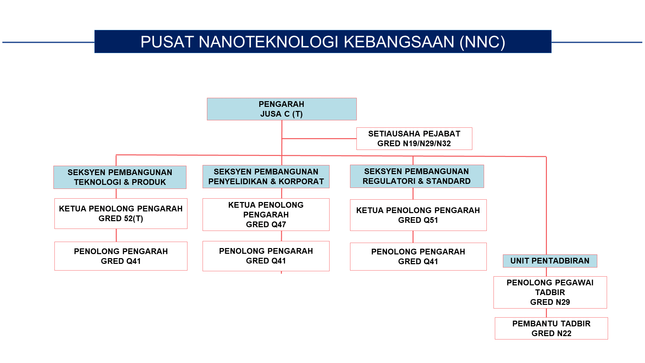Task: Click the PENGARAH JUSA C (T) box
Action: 282,109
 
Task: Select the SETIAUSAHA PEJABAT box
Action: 414,138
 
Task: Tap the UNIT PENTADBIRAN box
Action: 550,261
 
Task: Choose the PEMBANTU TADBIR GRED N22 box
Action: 551,328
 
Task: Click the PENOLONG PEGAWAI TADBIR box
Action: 550,292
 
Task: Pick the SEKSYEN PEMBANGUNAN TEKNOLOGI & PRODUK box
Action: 120,177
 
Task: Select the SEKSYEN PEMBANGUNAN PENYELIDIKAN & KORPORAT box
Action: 266,176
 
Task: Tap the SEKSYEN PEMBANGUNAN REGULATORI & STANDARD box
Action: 417,176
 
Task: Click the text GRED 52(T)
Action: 121,218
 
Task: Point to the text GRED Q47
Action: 266,225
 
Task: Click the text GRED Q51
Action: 418,220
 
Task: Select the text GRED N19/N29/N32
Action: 414,144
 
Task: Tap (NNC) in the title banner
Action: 482,42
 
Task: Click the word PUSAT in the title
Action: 167,42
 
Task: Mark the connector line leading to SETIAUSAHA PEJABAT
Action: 319,138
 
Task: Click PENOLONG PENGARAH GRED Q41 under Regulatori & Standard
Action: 418,256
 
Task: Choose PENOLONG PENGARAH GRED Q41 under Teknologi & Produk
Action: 121,256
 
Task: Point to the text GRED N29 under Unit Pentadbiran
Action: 550,302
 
